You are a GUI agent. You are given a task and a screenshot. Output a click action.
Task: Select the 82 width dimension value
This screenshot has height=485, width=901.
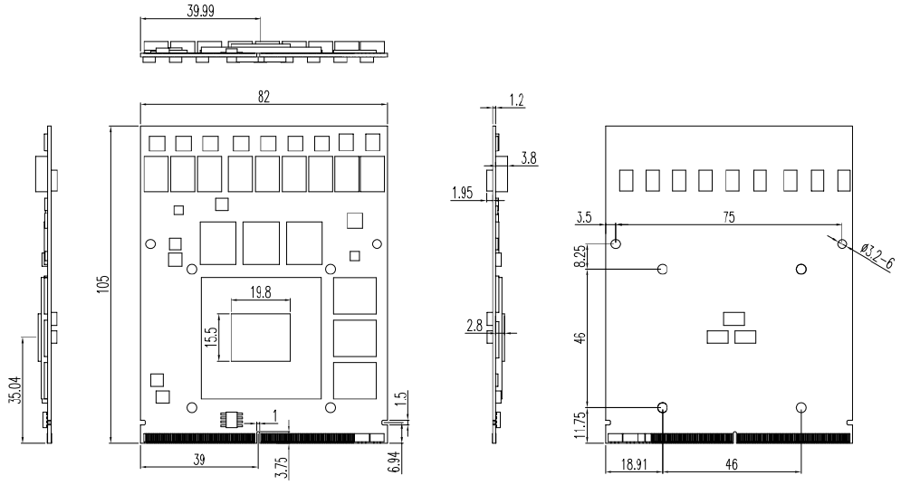click(x=264, y=96)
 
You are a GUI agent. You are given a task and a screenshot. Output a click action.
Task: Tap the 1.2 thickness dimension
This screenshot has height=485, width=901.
click(x=517, y=100)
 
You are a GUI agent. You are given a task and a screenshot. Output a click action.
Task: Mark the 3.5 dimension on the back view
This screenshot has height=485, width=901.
click(x=584, y=217)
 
